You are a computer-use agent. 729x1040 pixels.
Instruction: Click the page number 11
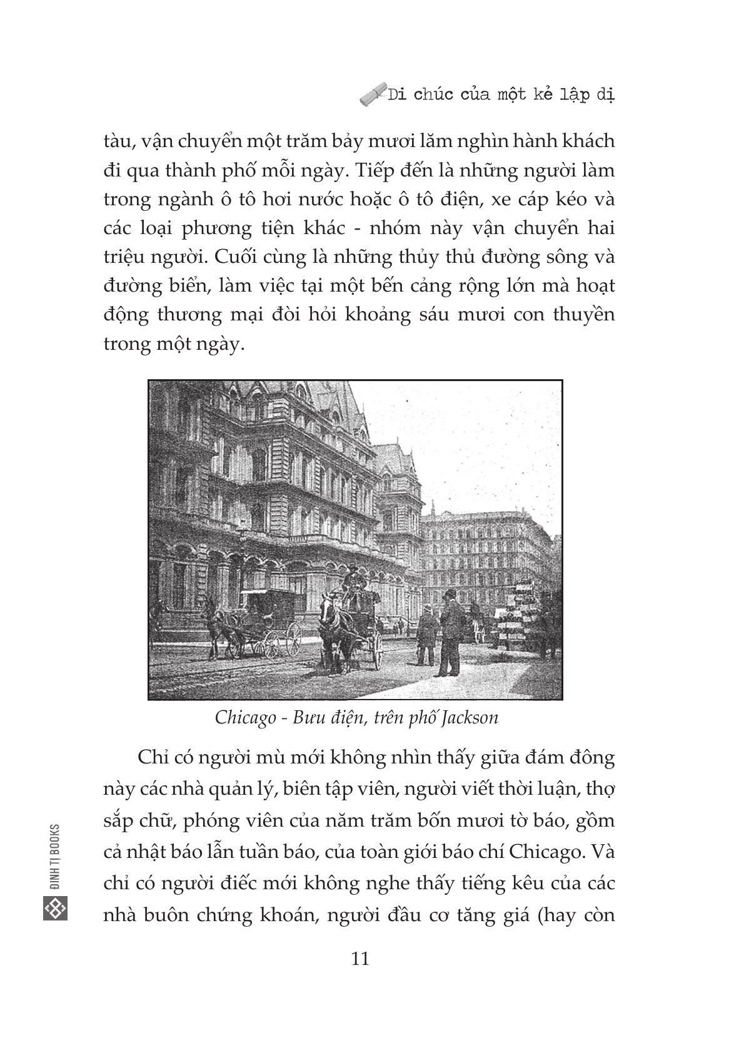[x=361, y=959]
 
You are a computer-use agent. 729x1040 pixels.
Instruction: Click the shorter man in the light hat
[x=428, y=632]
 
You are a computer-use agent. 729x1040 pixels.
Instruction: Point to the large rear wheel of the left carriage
[x=293, y=639]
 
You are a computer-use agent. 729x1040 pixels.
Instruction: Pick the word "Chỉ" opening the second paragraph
[x=150, y=758]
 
